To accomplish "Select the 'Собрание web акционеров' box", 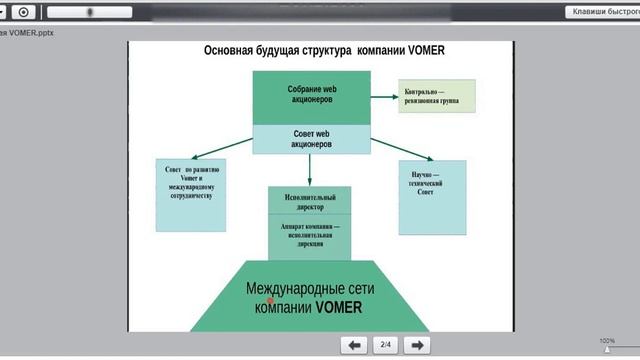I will click(309, 94).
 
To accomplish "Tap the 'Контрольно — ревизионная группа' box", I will click(434, 96).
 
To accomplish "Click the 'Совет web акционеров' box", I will click(309, 139).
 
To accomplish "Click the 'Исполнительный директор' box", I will click(310, 200).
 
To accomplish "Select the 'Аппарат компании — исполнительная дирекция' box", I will click(310, 234).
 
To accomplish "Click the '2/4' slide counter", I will click(386, 345).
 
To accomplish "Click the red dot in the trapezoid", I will click(271, 299).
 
